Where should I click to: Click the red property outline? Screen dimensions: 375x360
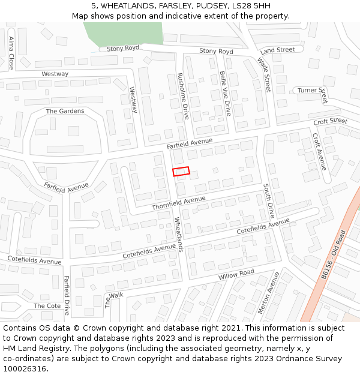181,172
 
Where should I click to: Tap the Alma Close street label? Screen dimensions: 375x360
11,52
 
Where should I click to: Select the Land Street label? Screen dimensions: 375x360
278,50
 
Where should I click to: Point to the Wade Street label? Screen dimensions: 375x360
264,74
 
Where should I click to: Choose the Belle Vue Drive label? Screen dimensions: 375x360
225,93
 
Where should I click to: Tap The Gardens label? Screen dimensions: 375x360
65,111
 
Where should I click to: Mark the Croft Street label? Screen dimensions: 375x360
330,121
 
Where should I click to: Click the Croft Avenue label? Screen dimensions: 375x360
319,151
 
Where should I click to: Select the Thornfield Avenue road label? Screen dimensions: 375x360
179,203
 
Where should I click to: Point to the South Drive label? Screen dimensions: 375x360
269,201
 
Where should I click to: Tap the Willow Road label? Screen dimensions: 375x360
236,275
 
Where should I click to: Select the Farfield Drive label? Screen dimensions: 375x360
67,296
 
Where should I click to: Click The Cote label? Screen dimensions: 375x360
47,305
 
